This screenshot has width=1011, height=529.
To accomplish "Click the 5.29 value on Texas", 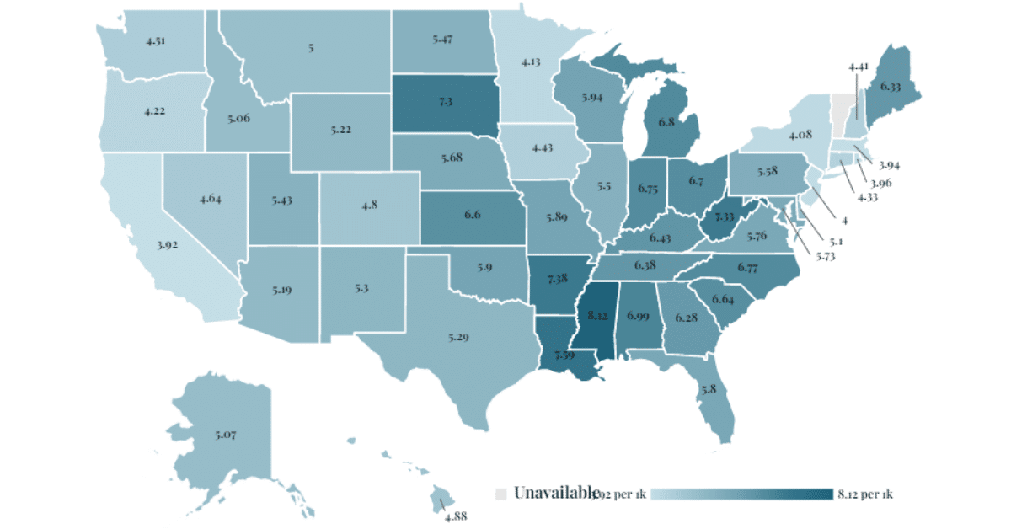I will click(459, 337).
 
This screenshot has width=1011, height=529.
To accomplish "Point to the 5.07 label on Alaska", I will click(226, 435).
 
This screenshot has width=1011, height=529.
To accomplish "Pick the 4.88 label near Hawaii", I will click(456, 516).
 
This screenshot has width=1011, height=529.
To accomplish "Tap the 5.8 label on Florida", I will click(709, 389).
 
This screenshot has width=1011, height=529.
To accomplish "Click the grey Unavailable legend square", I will click(500, 493).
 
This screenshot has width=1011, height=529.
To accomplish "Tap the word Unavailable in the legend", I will click(551, 493).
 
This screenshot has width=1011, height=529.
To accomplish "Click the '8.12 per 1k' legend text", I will click(865, 494).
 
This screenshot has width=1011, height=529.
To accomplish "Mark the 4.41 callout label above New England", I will click(858, 66).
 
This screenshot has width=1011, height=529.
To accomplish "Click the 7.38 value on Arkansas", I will click(557, 278).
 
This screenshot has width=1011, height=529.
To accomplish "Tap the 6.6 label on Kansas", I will click(472, 215).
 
